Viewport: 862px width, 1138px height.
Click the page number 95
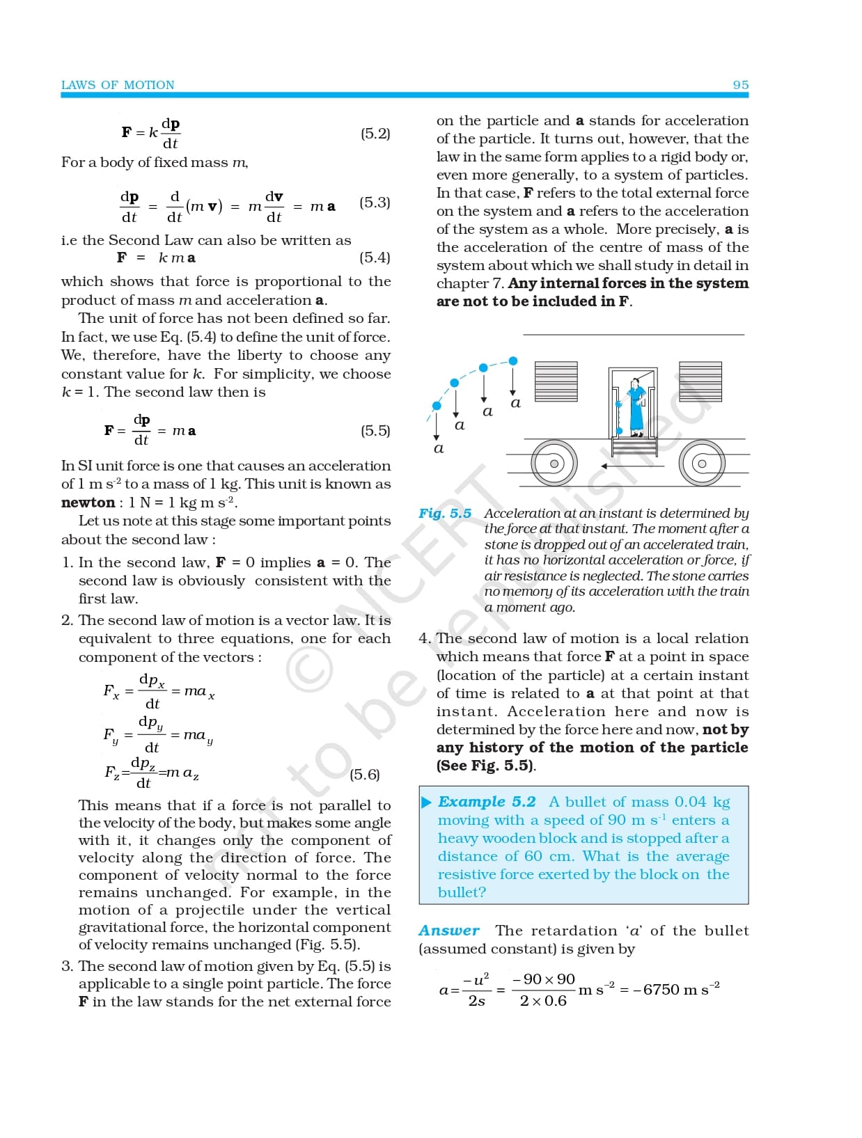tap(740, 85)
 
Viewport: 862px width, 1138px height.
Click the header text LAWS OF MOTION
tap(118, 85)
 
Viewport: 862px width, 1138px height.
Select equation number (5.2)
tap(375, 134)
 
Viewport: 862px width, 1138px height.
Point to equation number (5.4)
tap(375, 258)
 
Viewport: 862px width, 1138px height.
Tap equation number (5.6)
tap(365, 775)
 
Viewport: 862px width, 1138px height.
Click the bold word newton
tap(88, 503)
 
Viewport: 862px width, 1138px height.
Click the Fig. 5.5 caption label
tap(444, 514)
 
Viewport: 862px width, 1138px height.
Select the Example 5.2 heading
tap(487, 802)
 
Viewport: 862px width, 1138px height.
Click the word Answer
tap(449, 931)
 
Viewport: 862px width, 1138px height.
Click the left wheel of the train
tap(554, 463)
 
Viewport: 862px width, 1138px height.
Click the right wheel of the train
tap(702, 463)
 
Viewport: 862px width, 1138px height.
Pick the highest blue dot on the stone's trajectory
tap(513, 361)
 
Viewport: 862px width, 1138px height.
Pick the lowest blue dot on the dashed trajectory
tap(437, 406)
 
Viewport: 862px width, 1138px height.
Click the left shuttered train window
tap(556, 381)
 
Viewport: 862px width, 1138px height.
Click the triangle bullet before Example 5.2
tap(427, 803)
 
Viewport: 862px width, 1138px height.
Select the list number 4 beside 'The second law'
tap(424, 638)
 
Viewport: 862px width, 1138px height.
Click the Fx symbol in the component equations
tap(111, 691)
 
